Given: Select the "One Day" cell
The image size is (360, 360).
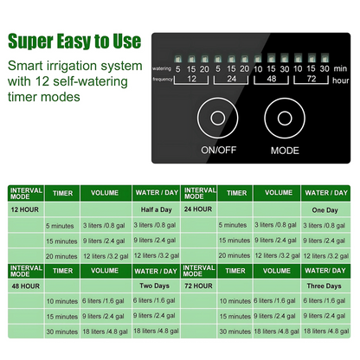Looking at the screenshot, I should click(x=328, y=209).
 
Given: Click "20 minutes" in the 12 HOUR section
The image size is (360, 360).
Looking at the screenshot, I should click(x=62, y=256).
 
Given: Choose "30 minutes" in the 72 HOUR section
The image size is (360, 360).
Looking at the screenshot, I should click(x=235, y=331).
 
